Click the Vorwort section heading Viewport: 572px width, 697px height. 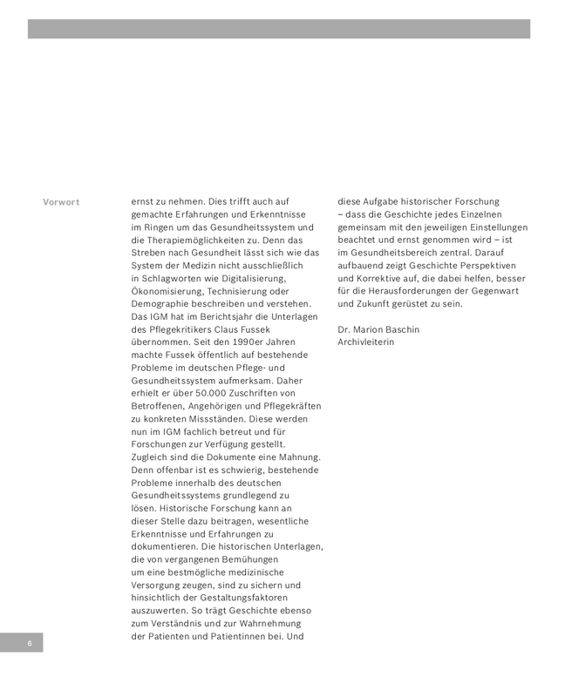coord(61,202)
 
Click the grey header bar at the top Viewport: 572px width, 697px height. coord(278,29)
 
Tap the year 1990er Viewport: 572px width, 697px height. coord(237,342)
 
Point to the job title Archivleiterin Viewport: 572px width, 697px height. coord(365,342)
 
